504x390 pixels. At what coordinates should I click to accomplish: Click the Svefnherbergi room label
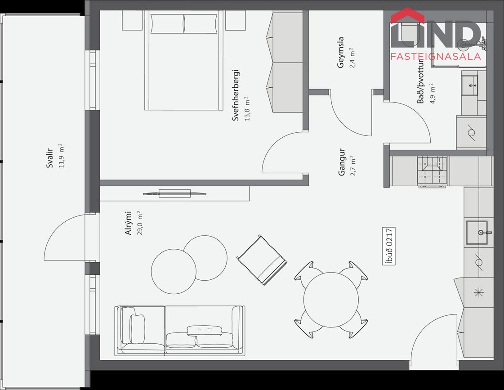tap(236, 95)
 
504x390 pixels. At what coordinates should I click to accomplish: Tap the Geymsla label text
tap(340, 53)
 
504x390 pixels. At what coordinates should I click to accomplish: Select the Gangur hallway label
tap(342, 162)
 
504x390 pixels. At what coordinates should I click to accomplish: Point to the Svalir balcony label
tap(49, 158)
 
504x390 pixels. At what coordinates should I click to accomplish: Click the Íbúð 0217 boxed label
tap(389, 246)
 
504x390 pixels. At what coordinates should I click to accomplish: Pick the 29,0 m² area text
tap(140, 223)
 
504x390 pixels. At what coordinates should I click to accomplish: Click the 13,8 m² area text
tap(247, 108)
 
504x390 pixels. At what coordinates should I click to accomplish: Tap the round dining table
tap(331, 300)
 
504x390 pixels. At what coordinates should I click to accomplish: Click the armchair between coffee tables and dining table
tap(262, 260)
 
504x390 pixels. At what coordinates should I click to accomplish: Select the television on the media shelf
tap(175, 193)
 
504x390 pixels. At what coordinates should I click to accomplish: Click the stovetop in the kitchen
tap(433, 172)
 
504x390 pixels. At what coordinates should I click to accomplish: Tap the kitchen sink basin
tap(477, 233)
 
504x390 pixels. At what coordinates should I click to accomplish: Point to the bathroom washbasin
tap(470, 85)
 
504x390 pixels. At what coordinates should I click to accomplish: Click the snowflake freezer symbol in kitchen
tap(479, 292)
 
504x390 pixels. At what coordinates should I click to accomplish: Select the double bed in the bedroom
tap(184, 60)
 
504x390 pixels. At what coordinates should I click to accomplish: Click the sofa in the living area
tap(180, 331)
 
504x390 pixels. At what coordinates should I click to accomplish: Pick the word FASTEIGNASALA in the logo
tap(436, 57)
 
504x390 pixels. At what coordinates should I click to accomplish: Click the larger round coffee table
tap(174, 271)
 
